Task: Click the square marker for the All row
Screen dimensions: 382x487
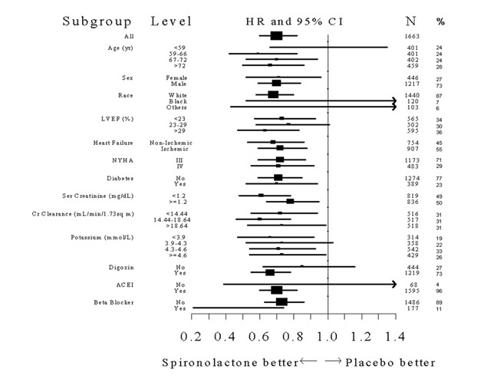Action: (276, 36)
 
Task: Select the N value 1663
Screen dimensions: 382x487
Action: (412, 36)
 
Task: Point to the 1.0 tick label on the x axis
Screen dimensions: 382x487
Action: (328, 336)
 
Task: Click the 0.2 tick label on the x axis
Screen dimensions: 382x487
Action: (190, 336)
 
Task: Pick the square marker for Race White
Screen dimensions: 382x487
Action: (273, 94)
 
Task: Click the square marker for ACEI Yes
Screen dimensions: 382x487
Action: (276, 290)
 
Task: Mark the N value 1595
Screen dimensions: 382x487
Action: (412, 291)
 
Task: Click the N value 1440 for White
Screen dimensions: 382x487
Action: (412, 94)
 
